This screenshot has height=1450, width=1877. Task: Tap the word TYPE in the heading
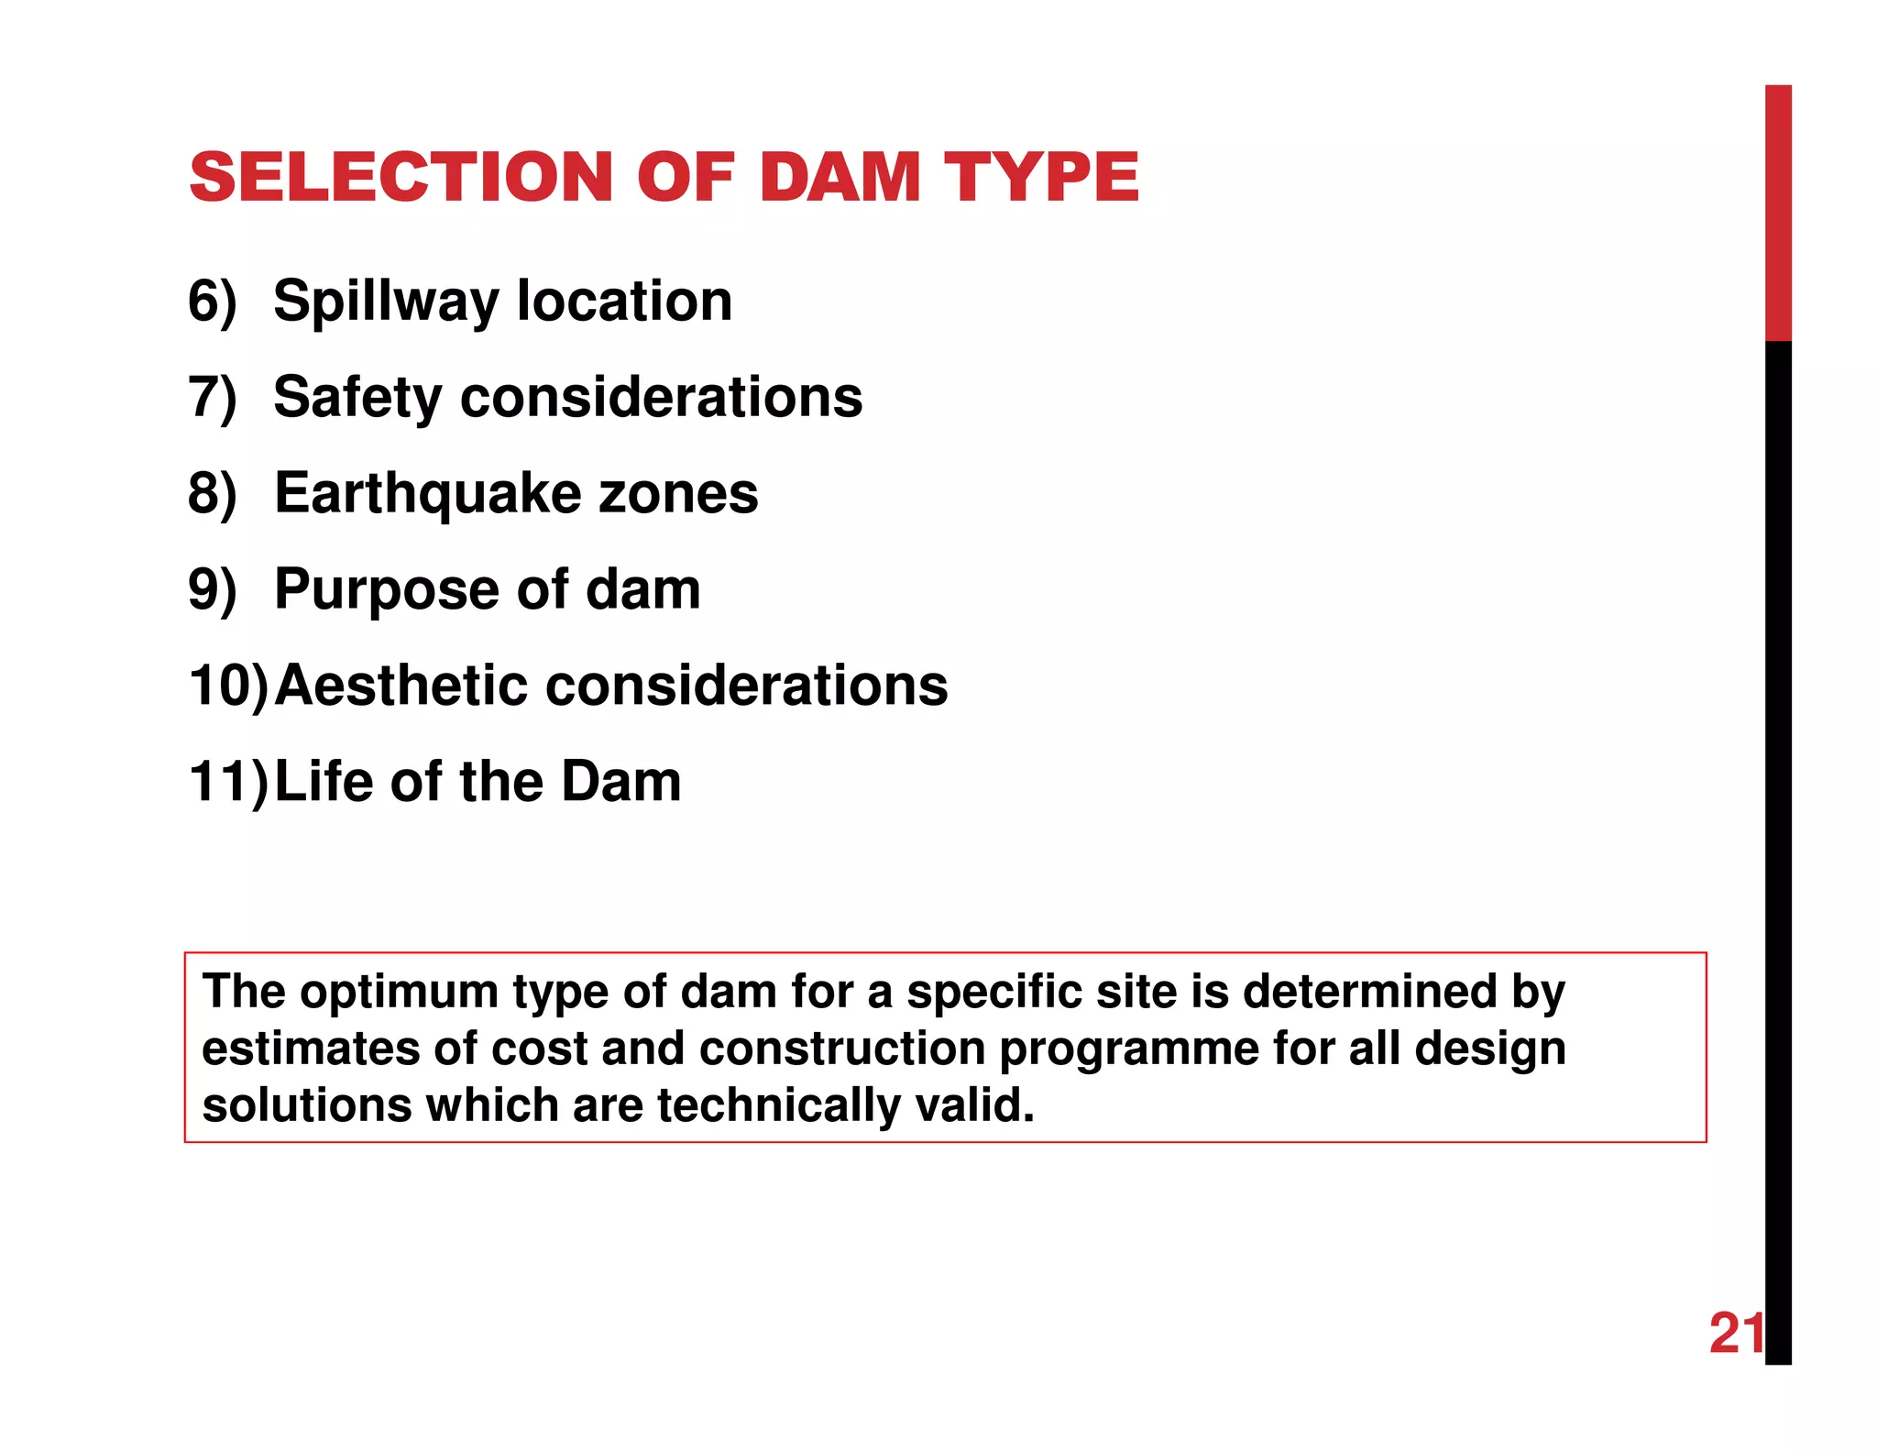tap(1041, 177)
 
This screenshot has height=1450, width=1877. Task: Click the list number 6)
tap(213, 302)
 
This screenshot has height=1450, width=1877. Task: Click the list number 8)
tap(213, 494)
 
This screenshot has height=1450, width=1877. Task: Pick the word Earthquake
tap(427, 495)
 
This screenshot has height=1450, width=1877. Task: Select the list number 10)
tap(229, 687)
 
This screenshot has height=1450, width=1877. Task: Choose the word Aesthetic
tap(401, 687)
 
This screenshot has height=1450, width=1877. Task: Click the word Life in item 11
tap(320, 782)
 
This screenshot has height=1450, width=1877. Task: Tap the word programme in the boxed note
tap(1128, 1050)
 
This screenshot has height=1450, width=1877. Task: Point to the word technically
tap(779, 1106)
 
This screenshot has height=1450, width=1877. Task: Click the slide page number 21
tap(1736, 1334)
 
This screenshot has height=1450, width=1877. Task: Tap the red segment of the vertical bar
tap(1778, 213)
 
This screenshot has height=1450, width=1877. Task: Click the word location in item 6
tap(624, 302)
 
